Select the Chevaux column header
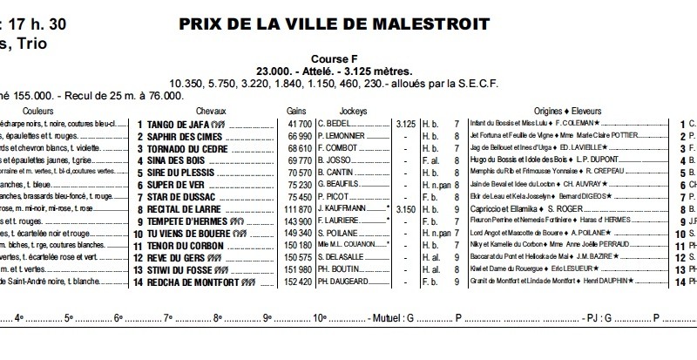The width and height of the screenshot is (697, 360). [211, 112]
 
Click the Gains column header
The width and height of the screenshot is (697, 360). [296, 112]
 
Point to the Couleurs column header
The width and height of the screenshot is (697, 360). [39, 112]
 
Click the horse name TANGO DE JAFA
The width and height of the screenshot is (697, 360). [179, 125]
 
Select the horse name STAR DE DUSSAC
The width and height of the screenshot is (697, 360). [180, 198]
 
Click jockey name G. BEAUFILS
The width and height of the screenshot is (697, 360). [341, 186]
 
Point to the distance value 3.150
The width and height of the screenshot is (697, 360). [405, 210]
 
